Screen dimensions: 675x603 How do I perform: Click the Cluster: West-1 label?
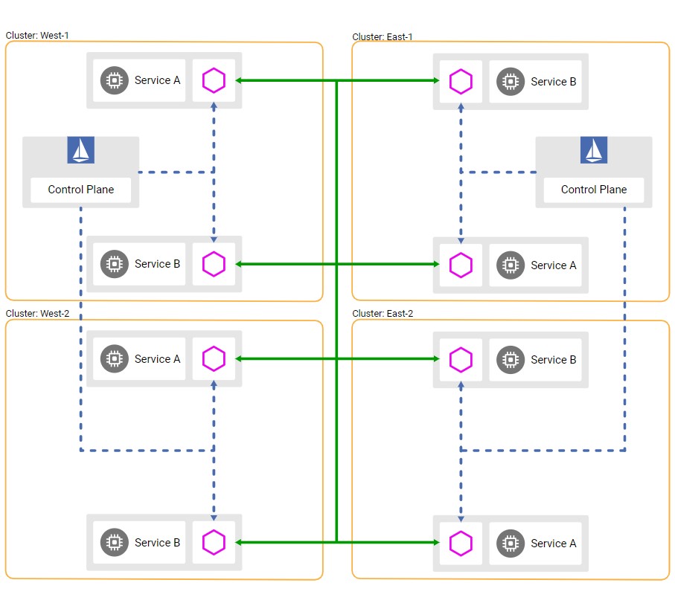click(37, 35)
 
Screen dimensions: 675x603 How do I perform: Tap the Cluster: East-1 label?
click(383, 37)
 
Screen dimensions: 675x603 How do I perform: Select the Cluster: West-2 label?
click(37, 314)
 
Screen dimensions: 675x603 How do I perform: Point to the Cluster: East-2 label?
click(383, 314)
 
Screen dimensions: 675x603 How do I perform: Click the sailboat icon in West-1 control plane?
click(81, 150)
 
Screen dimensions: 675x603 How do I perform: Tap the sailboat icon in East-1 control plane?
click(594, 150)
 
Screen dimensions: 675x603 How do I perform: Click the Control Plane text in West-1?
click(81, 190)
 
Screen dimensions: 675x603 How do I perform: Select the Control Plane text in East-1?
click(594, 190)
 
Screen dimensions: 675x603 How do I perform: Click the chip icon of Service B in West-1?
click(115, 264)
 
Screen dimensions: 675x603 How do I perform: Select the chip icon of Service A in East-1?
click(511, 265)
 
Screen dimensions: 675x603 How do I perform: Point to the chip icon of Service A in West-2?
click(115, 358)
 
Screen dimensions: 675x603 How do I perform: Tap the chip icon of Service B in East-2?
click(511, 360)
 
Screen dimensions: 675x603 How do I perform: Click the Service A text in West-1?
click(158, 80)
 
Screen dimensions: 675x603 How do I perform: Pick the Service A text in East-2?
click(554, 544)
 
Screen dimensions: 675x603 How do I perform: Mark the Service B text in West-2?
click(158, 543)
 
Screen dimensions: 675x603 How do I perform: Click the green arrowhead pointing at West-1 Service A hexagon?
click(238, 80)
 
